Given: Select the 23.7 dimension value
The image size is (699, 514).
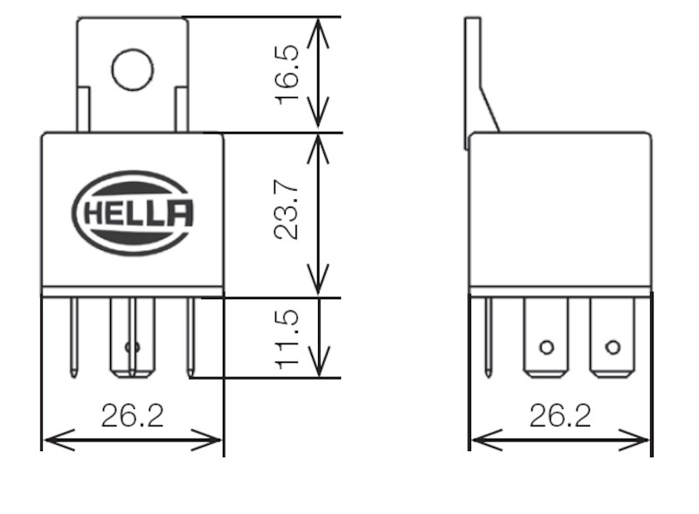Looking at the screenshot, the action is tap(287, 210).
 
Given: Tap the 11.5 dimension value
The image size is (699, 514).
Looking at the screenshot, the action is tap(287, 339).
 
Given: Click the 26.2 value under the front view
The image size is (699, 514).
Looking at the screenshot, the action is tap(133, 415).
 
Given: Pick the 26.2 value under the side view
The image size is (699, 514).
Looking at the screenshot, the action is tap(560, 415).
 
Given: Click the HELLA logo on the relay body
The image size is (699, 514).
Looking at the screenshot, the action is tap(133, 212).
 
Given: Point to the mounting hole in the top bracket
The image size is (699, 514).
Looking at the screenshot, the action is tap(133, 70).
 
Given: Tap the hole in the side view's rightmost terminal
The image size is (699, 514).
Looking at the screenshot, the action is tap(613, 347).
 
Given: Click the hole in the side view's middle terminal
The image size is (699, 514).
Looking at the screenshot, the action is tap(547, 347).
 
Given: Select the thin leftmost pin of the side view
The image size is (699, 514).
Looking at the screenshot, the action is tap(488, 337).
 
